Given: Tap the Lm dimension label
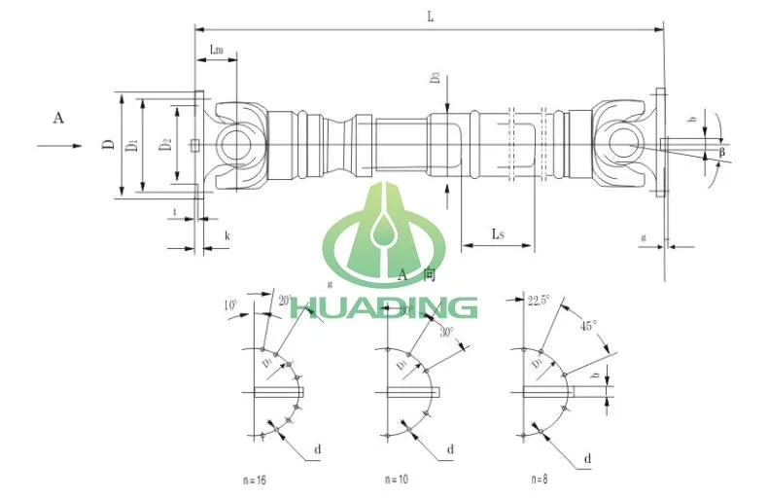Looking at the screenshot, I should (218, 48).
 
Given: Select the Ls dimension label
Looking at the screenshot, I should (498, 233).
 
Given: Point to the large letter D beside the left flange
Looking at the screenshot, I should (105, 146).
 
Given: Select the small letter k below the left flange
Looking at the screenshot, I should (227, 235).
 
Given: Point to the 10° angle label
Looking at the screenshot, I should (231, 304).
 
